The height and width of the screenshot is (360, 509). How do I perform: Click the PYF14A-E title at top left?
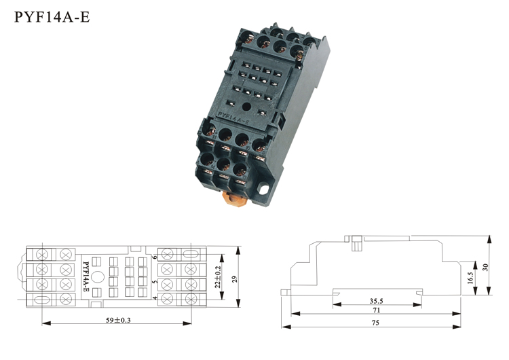[x=52, y=17]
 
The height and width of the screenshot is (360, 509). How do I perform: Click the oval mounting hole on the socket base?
[x=263, y=189]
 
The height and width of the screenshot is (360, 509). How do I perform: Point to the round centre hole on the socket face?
[x=247, y=106]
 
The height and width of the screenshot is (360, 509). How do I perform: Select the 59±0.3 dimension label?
[x=118, y=320]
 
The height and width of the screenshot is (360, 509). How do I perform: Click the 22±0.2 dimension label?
[x=218, y=277]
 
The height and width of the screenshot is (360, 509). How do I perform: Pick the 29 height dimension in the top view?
[x=235, y=279]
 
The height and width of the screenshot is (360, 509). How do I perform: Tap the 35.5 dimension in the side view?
[x=376, y=301]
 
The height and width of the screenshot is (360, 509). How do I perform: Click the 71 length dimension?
[x=376, y=310]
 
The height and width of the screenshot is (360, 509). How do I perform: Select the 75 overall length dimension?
[x=375, y=323]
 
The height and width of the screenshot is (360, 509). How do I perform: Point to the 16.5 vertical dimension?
[x=470, y=278]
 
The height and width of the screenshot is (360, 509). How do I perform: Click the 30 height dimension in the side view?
[x=486, y=267]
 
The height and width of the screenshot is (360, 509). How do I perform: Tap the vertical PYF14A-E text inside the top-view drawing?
[x=86, y=276]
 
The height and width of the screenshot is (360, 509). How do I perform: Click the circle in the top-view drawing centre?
[x=98, y=277]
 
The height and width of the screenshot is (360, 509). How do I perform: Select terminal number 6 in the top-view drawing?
[x=155, y=257]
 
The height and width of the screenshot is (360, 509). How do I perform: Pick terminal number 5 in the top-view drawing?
[x=155, y=281]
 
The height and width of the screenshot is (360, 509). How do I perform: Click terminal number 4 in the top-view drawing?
[x=155, y=298]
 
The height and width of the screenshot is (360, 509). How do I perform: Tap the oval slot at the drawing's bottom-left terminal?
[x=42, y=300]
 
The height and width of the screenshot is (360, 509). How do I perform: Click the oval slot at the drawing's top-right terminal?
[x=191, y=254]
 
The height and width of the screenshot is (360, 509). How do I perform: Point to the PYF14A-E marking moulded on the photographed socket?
[x=233, y=118]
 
